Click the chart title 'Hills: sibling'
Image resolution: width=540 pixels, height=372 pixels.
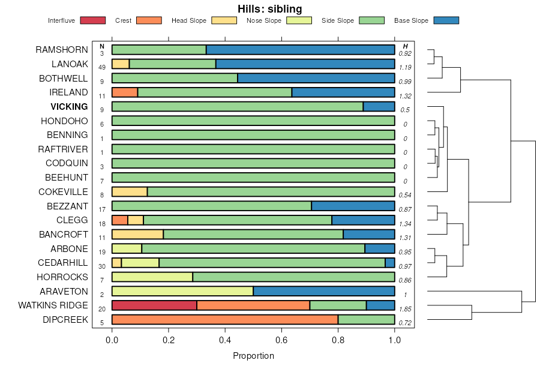(269, 9)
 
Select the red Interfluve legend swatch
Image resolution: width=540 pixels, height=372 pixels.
(92, 21)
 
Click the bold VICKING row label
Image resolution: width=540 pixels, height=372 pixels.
(69, 107)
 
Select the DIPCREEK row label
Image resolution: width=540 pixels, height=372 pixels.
(65, 320)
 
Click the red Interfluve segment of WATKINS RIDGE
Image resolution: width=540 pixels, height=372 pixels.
(154, 305)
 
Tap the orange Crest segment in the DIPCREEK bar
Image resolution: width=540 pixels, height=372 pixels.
(225, 320)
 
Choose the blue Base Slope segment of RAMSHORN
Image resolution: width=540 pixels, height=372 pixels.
(300, 50)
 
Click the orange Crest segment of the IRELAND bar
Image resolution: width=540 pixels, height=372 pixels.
(125, 92)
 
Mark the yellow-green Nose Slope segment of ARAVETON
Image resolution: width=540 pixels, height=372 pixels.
(182, 291)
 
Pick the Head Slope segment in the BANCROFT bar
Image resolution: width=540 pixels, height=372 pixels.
(137, 235)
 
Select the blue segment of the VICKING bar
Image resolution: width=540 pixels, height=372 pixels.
(379, 107)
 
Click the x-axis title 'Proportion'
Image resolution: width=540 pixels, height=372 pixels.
(253, 356)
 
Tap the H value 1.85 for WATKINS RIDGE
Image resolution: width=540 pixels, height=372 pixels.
(406, 310)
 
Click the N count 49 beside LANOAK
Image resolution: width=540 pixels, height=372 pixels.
(102, 67)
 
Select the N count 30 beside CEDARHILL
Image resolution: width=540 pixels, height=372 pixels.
(102, 266)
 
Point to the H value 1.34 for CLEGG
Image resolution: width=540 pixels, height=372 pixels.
(406, 224)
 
